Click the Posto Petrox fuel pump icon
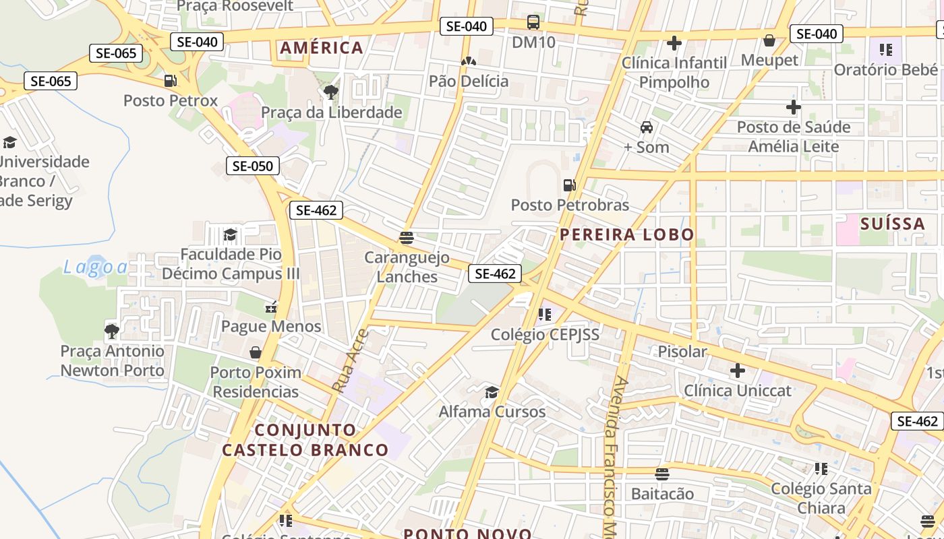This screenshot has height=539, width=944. [171, 81]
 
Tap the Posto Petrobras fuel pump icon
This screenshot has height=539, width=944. [570, 185]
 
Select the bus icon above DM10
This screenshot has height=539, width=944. [533, 22]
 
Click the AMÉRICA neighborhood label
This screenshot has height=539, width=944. [322, 48]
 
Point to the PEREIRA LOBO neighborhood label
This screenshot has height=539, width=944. [627, 234]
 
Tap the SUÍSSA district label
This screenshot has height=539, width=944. [893, 224]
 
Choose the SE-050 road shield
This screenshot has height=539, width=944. [253, 166]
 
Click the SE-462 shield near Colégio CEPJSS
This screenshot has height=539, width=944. [495, 274]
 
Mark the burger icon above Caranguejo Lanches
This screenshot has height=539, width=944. [406, 237]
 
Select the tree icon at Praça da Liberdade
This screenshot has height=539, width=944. [330, 92]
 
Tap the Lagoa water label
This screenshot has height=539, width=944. [95, 267]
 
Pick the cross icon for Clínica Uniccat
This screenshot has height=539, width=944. [738, 370]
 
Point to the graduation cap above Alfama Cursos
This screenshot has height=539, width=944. [492, 392]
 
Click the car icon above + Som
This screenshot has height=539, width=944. [646, 127]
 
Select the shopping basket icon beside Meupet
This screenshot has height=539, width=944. [769, 40]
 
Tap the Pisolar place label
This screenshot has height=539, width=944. [682, 351]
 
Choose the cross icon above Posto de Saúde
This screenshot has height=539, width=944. [794, 106]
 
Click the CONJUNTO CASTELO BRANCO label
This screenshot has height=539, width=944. [305, 440]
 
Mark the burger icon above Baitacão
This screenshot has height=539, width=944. [662, 474]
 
